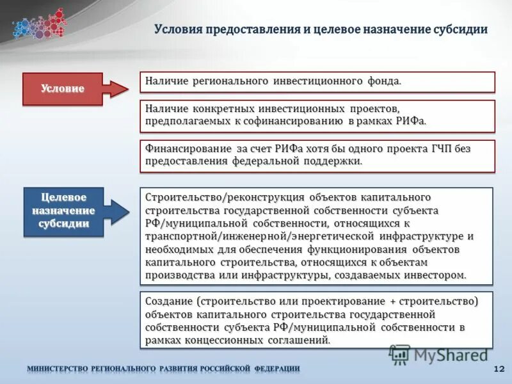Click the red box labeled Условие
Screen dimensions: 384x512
[x=63, y=89]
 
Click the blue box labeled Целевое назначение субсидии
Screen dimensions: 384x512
[x=63, y=211]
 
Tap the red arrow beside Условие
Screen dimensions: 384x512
[x=116, y=89]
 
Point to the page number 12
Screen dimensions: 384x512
[x=499, y=369]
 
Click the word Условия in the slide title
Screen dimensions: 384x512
[x=179, y=30]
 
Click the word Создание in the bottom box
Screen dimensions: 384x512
[x=169, y=301]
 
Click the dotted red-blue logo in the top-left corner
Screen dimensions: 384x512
[x=38, y=24]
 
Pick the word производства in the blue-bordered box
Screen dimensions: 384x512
[x=177, y=275]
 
